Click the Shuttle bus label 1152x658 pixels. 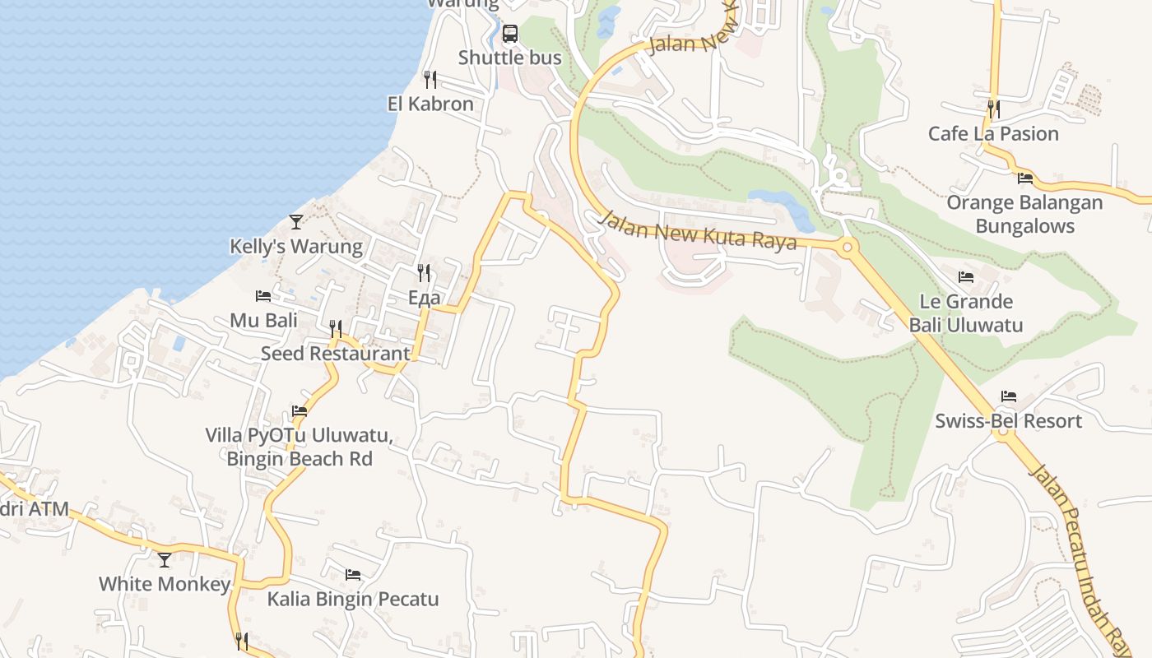point(509,58)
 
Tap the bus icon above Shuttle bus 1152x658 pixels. point(510,34)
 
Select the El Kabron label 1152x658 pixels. point(430,104)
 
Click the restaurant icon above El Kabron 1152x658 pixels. point(430,79)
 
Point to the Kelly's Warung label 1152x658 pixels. point(295,246)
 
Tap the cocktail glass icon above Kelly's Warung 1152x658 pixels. point(296,221)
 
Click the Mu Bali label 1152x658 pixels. point(263,320)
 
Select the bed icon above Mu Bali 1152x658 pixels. point(263,295)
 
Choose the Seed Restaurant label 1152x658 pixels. point(335,353)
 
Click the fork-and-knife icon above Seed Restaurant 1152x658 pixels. point(336,329)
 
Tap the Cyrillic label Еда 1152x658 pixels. point(425,298)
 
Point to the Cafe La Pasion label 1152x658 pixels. point(993,133)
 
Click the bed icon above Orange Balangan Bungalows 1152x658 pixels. point(1025,178)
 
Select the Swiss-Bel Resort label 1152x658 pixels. point(1008,421)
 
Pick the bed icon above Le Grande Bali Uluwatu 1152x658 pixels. point(966,276)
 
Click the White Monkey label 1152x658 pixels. point(165,584)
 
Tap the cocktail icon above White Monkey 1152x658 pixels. point(165,559)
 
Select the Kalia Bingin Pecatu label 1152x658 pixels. point(352,599)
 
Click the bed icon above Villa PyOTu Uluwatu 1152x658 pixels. point(300,410)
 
